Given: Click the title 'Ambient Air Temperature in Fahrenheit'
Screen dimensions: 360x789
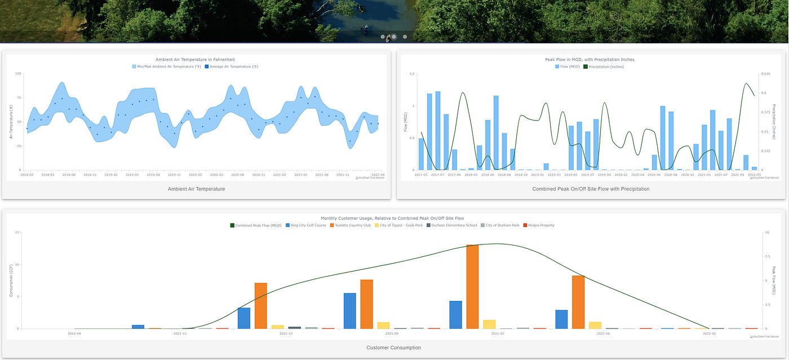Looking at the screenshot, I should (195, 59).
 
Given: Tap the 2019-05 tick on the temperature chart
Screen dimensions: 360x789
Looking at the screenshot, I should (132, 175).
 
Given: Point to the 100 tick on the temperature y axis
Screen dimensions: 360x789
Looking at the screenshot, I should (18, 74).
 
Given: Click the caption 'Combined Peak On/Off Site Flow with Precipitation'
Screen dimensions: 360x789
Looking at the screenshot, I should (591, 189).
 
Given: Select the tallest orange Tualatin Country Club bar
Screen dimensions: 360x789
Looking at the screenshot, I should (472, 286).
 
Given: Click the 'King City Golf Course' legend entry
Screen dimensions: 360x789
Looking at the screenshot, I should (308, 225).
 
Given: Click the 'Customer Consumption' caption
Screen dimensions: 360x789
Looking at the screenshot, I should (393, 348).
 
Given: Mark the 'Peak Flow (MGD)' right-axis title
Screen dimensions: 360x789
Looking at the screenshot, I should (774, 281).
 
